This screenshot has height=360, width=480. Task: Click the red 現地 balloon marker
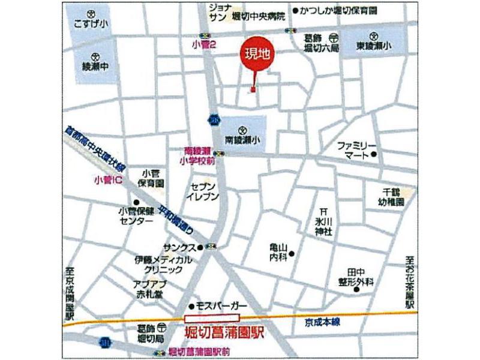(256, 55)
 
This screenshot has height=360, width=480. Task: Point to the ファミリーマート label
(356, 150)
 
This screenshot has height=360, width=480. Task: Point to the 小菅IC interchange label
(108, 179)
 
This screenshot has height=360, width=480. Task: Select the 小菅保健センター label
(136, 215)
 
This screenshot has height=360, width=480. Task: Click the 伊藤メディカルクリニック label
(163, 265)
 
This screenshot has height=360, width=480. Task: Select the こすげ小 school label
(90, 23)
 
